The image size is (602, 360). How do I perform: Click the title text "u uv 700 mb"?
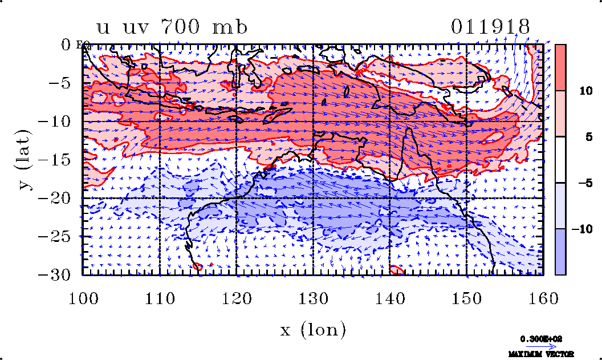172,27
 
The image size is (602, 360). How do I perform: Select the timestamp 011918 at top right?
490,27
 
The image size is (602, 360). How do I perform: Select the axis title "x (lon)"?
313,330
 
